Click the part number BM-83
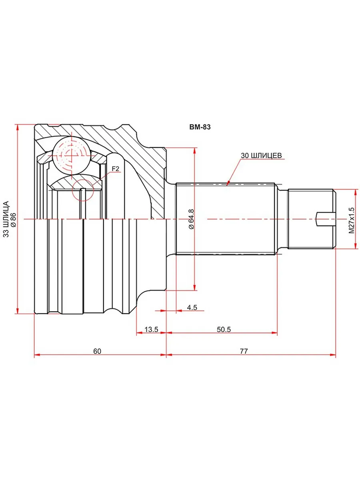point(200,127)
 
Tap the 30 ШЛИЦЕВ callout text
point(262,155)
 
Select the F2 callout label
point(115,169)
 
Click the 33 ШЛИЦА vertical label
point(6,219)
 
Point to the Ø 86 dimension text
point(13,219)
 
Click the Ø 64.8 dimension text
point(191,219)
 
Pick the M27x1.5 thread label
point(352,220)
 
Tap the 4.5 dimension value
point(192,308)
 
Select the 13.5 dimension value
point(151,329)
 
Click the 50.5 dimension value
point(224,329)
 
